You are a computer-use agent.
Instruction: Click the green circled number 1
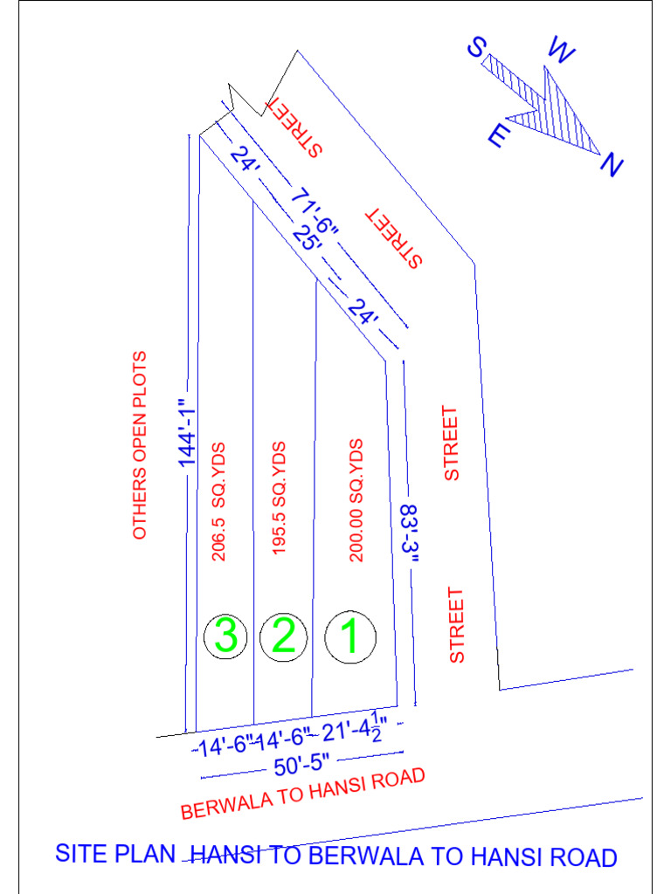349,638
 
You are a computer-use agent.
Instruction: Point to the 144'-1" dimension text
184,434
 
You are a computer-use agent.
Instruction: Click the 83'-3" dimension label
408,533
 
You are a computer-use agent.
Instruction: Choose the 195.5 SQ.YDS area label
280,499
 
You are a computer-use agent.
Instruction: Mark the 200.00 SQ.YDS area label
356,499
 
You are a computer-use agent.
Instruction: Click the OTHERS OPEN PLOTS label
140,445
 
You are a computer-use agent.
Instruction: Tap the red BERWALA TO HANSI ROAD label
303,794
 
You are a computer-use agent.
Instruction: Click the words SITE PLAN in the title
115,854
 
